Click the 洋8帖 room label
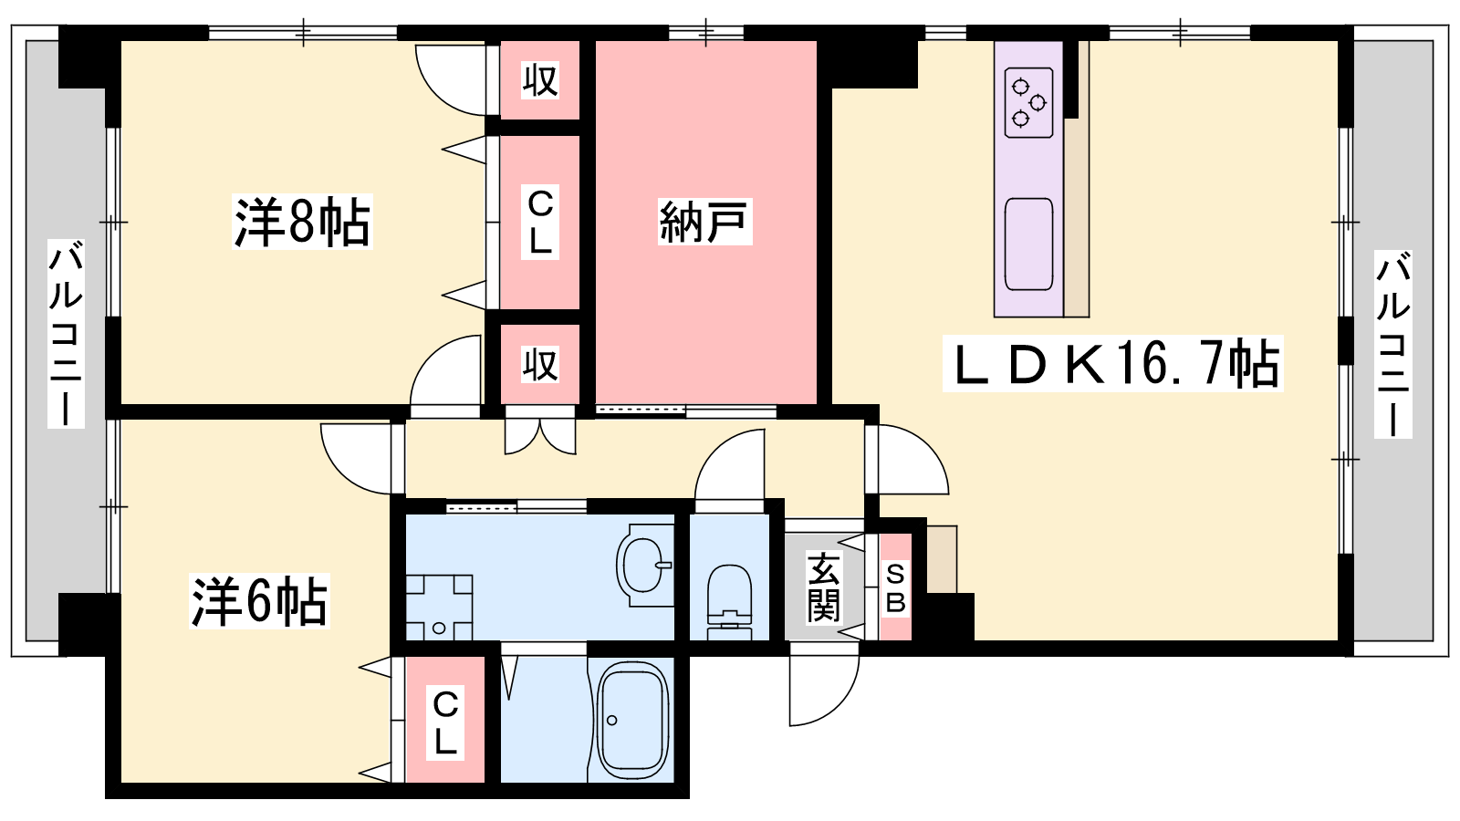[x=302, y=222]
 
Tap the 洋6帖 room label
[x=259, y=601]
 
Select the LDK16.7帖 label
[x=1113, y=364]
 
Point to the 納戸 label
[x=704, y=222]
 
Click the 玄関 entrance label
[x=823, y=587]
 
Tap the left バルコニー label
[x=66, y=334]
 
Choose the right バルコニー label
[x=1392, y=343]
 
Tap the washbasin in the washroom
[x=644, y=565]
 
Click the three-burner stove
[x=1029, y=102]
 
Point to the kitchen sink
[x=1029, y=244]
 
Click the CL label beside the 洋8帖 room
[x=539, y=223]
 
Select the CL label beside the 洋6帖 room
[x=445, y=722]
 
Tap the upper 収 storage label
[x=539, y=80]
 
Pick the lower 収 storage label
[x=539, y=364]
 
